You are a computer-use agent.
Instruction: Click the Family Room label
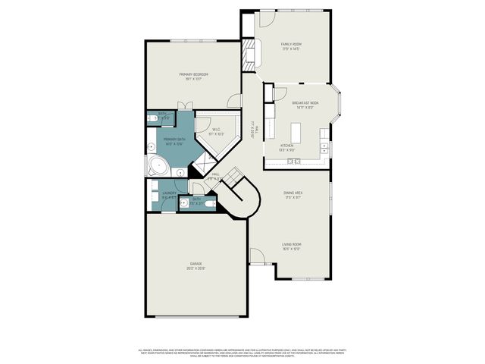coord(291,46)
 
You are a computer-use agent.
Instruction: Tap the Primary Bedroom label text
coord(193,76)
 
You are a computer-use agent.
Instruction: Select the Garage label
coord(196,265)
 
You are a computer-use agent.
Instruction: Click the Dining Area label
coord(293,195)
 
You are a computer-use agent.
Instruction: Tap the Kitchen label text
coord(287,147)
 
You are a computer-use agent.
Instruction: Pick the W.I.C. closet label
coord(216,132)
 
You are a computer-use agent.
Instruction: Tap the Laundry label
coord(169,195)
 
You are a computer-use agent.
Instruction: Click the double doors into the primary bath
coord(181,105)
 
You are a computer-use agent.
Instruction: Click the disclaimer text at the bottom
coord(242,353)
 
